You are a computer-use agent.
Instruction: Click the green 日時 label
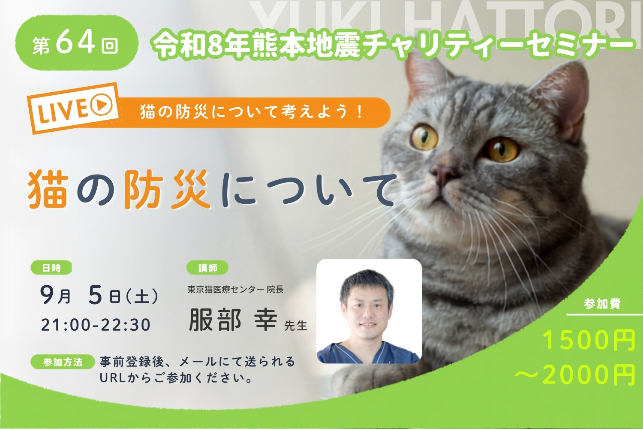51,268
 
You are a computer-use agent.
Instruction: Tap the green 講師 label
207,268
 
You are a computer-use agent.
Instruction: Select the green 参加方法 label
63,362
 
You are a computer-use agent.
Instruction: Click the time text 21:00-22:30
96,325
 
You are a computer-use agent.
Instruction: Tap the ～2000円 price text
574,374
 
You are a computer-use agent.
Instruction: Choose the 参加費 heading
602,303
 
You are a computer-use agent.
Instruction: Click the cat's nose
442,172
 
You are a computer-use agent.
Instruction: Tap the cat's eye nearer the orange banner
424,138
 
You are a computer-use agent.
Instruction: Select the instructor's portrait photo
369,311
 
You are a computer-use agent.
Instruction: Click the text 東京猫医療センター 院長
235,289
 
